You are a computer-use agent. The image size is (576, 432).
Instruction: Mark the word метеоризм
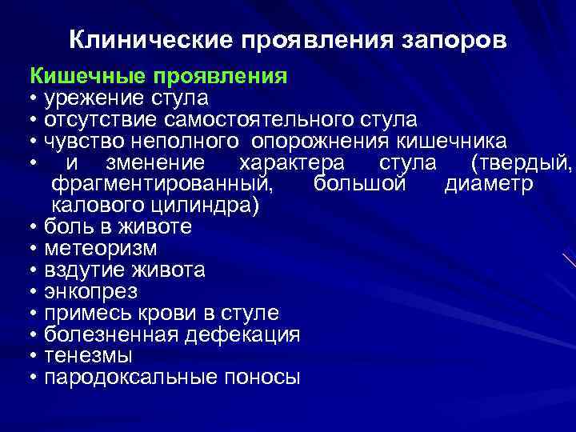(x=101, y=248)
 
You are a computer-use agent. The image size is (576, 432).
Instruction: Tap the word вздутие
(x=84, y=270)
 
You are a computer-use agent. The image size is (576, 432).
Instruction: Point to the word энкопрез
(x=91, y=291)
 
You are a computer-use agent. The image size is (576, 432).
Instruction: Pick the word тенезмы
(x=89, y=355)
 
